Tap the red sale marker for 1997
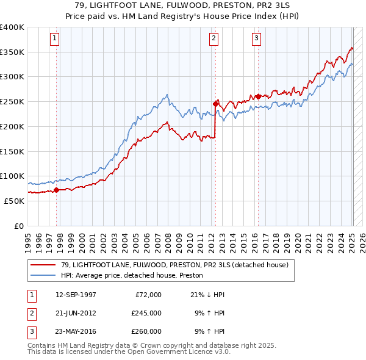57,190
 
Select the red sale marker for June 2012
215,104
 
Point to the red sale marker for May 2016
258,96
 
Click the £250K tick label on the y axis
12,101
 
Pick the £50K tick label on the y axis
15,200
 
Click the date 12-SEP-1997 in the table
76,295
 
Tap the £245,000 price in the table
146,313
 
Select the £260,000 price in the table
146,331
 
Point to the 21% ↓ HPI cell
208,295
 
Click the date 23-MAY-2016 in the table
76,331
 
